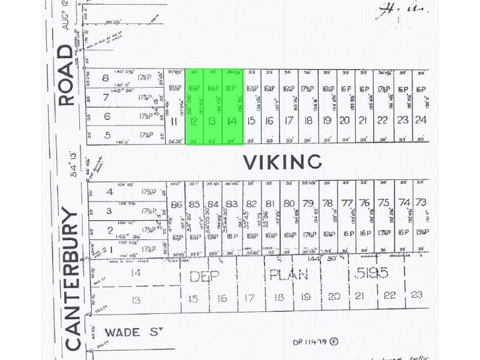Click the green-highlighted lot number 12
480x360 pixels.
pos(194,121)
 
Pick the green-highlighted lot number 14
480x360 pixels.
pos(232,121)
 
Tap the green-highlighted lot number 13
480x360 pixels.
pos(213,121)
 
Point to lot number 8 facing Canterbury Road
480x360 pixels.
pos(107,77)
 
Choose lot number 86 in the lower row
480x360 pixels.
pos(176,204)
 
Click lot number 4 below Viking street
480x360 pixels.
pos(109,192)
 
